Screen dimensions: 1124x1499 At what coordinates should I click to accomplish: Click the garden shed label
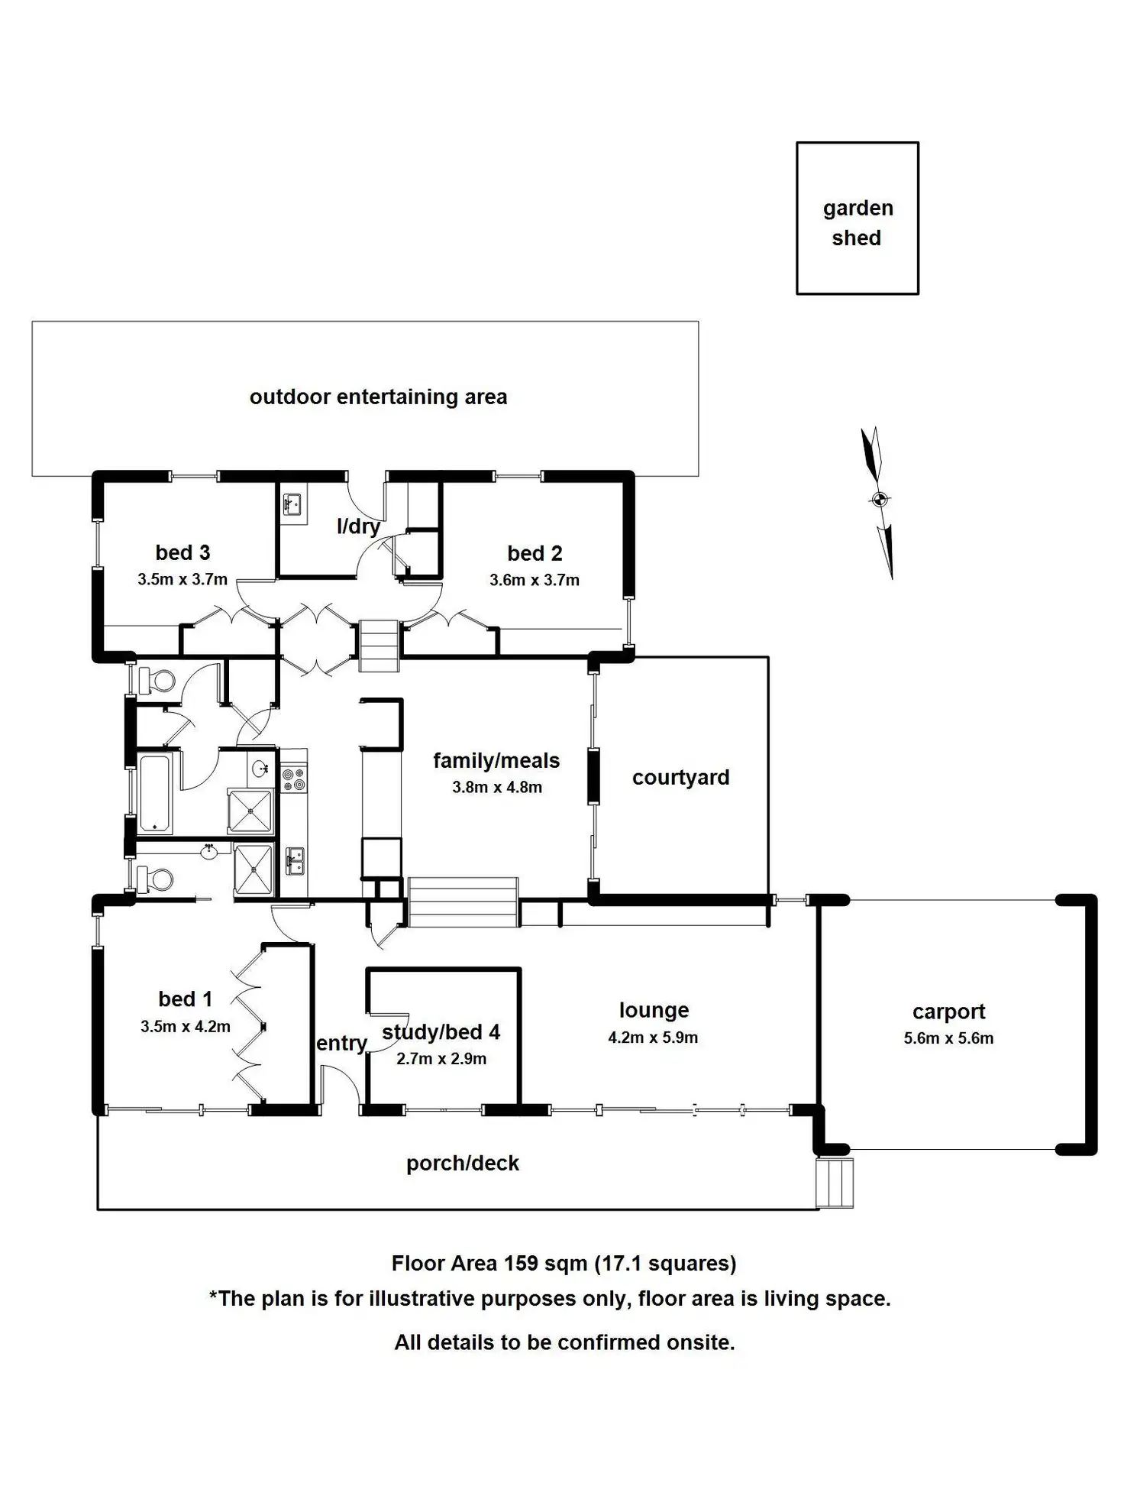tap(858, 223)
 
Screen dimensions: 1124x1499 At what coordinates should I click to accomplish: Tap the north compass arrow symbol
tap(879, 501)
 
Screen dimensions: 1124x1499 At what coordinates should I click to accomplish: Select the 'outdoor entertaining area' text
tap(378, 397)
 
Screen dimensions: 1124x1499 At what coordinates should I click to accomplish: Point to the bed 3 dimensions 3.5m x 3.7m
tap(182, 580)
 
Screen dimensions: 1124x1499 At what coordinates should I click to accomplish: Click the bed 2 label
tap(535, 553)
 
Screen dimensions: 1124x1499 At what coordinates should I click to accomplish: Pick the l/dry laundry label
tap(358, 526)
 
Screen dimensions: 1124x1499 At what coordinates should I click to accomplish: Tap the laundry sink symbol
tap(293, 504)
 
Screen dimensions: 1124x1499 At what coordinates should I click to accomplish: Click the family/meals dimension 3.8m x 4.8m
tap(497, 788)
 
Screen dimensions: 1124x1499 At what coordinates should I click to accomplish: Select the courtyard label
tap(680, 778)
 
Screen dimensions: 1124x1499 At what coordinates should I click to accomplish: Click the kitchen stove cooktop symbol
tap(293, 779)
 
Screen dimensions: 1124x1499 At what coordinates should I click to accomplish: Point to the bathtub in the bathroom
tap(156, 793)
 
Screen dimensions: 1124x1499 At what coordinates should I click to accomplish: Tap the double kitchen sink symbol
tap(294, 861)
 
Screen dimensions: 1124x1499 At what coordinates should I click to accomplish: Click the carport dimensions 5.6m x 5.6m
tap(948, 1038)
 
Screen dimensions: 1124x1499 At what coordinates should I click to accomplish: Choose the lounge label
tap(654, 1011)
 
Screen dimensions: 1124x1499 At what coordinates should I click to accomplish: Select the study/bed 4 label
tap(441, 1033)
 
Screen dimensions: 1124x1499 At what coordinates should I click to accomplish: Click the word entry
tap(341, 1044)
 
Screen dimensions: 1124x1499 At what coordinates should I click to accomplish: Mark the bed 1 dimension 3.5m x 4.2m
tap(186, 1027)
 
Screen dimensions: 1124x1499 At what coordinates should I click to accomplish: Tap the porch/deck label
tap(463, 1164)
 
